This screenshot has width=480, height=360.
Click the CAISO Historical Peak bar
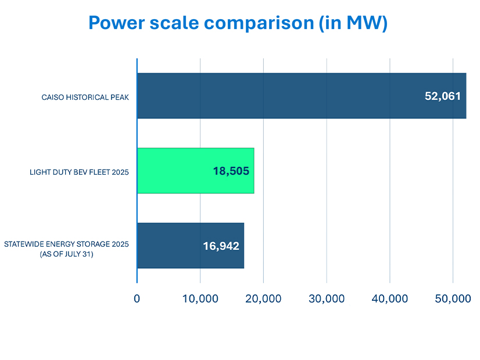coord(279,96)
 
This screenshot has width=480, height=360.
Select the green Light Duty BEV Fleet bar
coord(174,171)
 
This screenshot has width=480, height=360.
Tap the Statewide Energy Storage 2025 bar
coord(169,246)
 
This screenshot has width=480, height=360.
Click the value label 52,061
coord(443,96)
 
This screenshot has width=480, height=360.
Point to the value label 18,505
coord(231,171)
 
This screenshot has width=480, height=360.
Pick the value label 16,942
coord(221,246)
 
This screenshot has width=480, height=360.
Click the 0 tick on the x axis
coord(137,298)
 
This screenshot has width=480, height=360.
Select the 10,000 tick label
coord(200,298)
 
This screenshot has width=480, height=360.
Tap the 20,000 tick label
coord(263,298)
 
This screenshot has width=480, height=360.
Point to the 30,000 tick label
coord(327,298)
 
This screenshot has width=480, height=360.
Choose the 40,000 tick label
coord(389,298)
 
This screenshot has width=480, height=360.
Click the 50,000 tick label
coord(453,298)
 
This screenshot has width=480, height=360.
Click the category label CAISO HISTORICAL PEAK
coord(85,97)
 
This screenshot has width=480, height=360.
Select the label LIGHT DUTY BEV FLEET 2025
coord(79,172)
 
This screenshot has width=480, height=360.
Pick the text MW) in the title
coord(368,23)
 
